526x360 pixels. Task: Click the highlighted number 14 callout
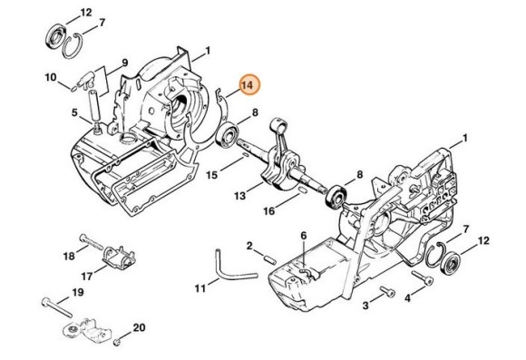248,86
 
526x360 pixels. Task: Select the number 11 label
199,289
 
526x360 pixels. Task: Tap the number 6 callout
304,236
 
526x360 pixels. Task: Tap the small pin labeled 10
73,88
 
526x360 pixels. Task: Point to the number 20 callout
139,327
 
